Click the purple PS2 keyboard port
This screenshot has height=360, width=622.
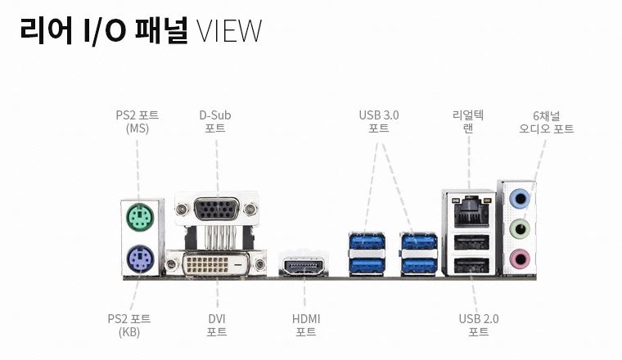click(x=140, y=262)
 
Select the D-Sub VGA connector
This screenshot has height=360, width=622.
click(x=217, y=209)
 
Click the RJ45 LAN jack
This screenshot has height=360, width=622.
click(x=470, y=212)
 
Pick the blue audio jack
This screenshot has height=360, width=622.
click(x=519, y=198)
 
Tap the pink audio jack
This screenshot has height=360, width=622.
click(x=519, y=259)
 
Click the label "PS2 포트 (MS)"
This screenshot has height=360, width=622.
click(x=137, y=121)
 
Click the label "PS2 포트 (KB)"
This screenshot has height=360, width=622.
click(x=129, y=325)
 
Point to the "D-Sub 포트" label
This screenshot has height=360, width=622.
click(x=216, y=121)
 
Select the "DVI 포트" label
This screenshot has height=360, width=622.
click(x=217, y=325)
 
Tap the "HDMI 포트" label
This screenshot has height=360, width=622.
click(x=306, y=325)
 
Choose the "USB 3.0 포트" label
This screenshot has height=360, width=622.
click(x=379, y=121)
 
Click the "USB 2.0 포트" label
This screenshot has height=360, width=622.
click(x=479, y=325)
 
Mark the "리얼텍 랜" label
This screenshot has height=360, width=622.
click(x=468, y=121)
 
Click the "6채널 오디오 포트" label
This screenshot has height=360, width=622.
click(x=546, y=121)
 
